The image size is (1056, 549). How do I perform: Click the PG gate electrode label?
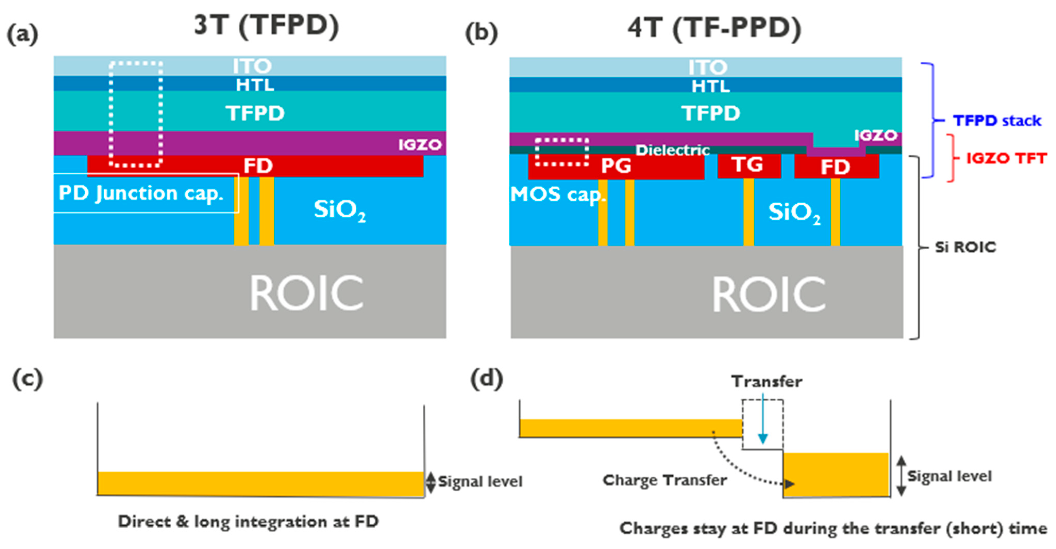616,166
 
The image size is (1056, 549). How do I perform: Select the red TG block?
749,165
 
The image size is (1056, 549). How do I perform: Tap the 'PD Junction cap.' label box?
146,193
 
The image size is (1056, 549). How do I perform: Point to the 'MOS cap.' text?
557,194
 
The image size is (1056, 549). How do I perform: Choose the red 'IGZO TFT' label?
1006,158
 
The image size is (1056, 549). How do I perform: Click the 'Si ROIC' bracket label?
965,247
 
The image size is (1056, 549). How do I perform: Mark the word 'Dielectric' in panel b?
672,150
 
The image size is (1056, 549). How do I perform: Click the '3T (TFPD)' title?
266,26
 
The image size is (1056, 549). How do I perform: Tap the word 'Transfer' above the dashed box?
767,382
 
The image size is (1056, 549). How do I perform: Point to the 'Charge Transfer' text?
664,480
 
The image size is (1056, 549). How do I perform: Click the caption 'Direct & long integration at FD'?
248,521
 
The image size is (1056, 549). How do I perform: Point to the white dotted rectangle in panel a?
136,63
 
